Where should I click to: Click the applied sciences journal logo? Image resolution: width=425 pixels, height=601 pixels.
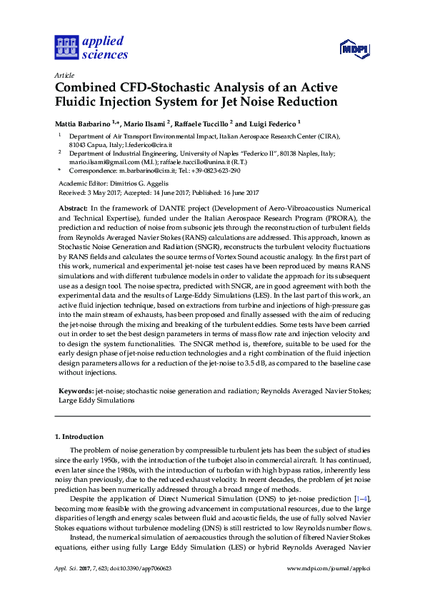pos(91,48)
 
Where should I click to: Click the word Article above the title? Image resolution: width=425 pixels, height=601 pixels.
pos(64,75)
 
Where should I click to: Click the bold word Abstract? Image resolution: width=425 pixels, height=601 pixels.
pos(73,206)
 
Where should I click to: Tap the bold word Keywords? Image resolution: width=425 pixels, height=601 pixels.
pos(76,392)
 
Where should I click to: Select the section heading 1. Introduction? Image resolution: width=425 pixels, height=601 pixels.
pos(79,436)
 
